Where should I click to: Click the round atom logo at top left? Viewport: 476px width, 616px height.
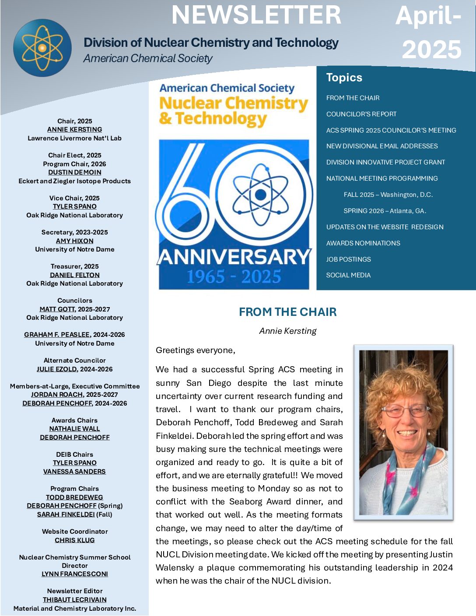click(x=42, y=48)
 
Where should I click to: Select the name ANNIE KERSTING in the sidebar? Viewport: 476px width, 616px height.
click(x=74, y=129)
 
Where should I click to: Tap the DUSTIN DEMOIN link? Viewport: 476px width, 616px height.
click(x=74, y=172)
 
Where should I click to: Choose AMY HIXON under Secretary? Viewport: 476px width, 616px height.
click(x=74, y=241)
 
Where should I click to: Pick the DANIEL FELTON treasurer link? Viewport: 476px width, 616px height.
click(x=74, y=275)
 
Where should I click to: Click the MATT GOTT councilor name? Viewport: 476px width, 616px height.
click(x=57, y=309)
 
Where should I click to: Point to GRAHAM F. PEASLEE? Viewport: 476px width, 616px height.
click(x=57, y=335)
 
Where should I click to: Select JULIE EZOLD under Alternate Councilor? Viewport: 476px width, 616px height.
click(x=57, y=369)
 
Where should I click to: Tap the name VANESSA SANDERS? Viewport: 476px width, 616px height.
click(x=74, y=472)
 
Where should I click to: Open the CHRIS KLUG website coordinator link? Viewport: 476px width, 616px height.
click(x=74, y=540)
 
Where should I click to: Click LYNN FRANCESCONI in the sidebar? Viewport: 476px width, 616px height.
click(x=74, y=574)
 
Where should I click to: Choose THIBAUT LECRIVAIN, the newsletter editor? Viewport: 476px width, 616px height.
click(x=74, y=600)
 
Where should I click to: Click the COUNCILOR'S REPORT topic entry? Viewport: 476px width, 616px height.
click(x=361, y=114)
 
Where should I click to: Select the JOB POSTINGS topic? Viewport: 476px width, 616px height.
click(x=348, y=259)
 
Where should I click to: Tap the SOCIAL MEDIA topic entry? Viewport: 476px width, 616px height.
click(x=348, y=275)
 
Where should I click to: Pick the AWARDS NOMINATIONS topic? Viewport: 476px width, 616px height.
click(x=363, y=243)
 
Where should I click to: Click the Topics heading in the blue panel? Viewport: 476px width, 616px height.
click(x=344, y=77)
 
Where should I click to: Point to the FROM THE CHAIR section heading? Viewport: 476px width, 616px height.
click(x=287, y=312)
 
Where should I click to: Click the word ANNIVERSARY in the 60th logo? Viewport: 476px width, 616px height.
click(x=234, y=257)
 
